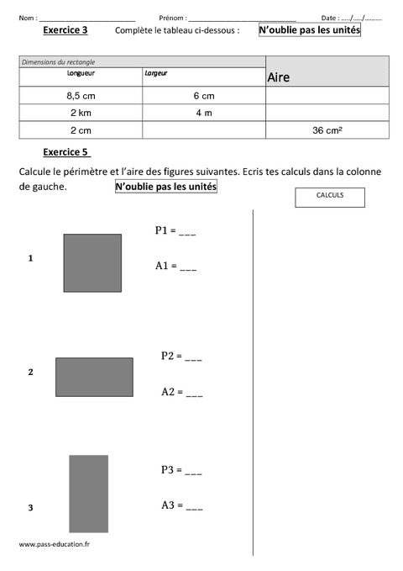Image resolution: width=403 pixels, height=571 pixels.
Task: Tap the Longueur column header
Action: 81,73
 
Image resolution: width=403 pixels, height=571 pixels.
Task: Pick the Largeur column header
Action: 156,73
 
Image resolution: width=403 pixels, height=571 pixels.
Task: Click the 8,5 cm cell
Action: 81,96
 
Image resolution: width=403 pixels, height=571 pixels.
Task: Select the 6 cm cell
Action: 203,96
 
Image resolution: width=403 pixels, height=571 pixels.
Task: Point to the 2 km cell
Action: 81,113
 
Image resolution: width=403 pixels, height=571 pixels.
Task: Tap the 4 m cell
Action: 203,113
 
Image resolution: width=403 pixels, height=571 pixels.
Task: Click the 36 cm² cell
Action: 327,130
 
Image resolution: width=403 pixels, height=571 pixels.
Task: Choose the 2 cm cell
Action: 81,130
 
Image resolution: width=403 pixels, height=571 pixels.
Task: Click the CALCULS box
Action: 330,195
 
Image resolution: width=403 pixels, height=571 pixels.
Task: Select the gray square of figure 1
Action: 92,262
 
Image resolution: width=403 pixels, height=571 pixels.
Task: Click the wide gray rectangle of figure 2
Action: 94,377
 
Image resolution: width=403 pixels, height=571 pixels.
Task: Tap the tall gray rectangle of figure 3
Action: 88,494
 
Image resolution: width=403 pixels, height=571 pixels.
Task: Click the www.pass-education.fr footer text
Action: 54,544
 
